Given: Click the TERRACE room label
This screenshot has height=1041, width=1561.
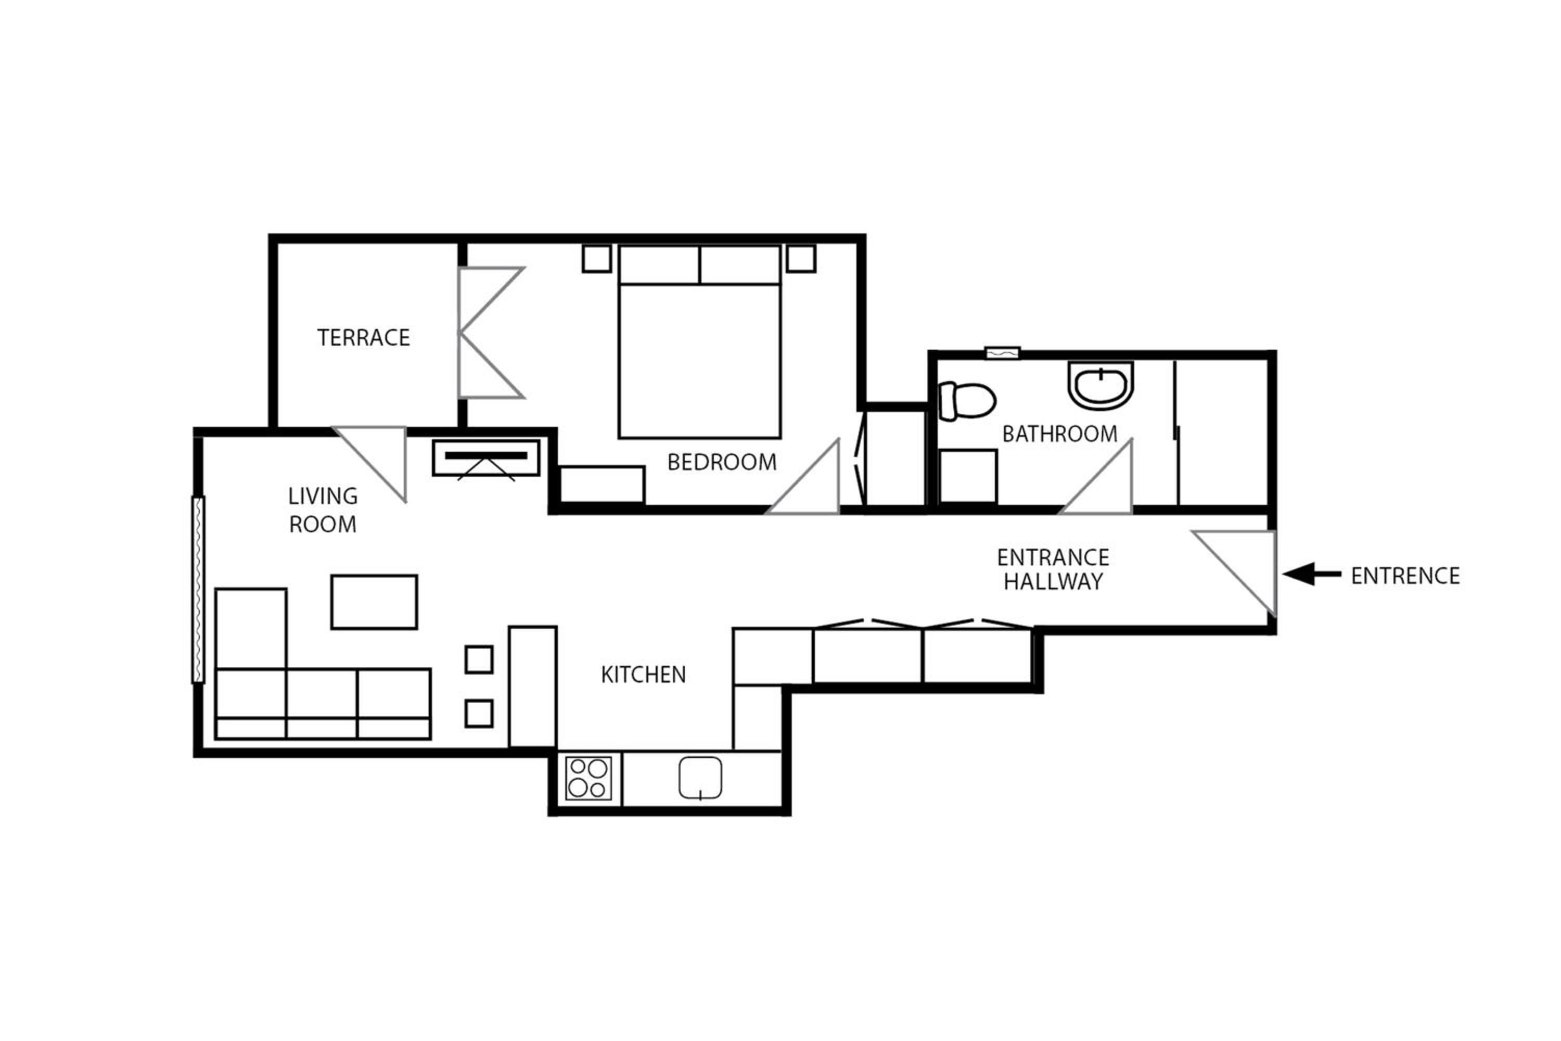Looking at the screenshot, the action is [363, 337].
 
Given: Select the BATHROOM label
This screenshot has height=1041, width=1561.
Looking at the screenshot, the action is [1059, 434].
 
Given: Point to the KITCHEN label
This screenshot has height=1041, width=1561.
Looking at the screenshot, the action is [643, 675].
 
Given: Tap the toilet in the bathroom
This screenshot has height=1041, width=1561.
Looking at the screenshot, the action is [967, 401].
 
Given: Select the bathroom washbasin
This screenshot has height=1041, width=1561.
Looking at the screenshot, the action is [1101, 385].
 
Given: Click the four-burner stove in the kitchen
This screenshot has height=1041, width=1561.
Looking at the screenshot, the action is [588, 778].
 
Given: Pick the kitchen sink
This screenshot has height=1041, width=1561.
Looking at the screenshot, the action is [700, 778].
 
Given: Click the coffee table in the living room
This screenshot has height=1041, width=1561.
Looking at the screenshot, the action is [374, 602].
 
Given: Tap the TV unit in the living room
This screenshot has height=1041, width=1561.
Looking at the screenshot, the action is [486, 458].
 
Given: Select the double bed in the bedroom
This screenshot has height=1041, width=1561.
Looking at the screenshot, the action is [699, 342].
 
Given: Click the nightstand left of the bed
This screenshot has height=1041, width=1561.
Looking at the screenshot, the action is [597, 258].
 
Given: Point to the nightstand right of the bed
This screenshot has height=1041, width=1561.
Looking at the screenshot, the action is [801, 258].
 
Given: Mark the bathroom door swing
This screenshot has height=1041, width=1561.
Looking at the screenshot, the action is [1096, 477].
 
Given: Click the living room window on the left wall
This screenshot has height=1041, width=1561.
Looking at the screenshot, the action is [198, 590].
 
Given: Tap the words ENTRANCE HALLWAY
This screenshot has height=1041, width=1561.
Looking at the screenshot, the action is [1053, 569].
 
